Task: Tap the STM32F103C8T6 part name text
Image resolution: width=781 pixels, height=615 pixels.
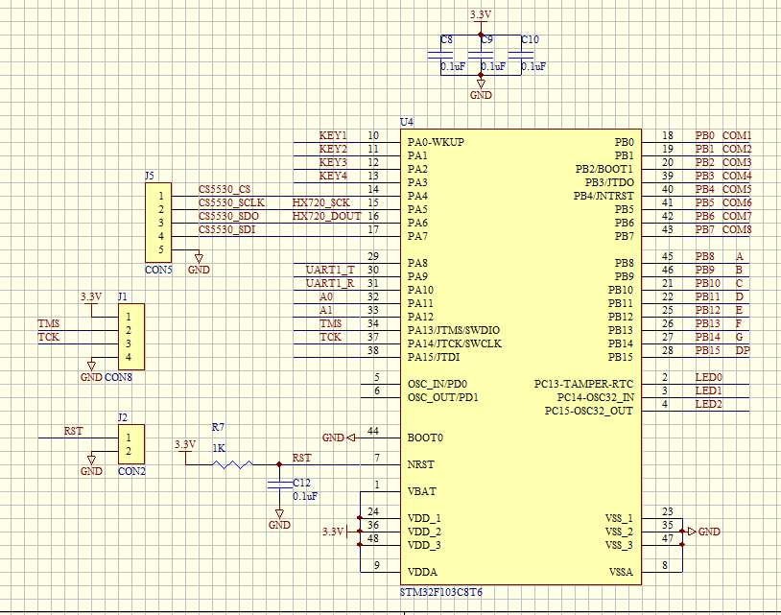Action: (441, 593)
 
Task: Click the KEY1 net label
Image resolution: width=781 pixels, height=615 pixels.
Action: (333, 136)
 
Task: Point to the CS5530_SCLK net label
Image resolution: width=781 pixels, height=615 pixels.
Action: (230, 203)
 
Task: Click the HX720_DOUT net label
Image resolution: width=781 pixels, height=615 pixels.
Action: (326, 217)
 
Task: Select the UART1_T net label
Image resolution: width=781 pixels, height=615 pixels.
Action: (330, 271)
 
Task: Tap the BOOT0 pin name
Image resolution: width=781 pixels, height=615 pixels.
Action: (425, 438)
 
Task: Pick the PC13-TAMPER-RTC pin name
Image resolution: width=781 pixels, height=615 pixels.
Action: (583, 384)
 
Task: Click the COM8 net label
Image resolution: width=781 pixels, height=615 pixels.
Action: (736, 230)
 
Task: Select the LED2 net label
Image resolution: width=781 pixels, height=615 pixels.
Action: (708, 405)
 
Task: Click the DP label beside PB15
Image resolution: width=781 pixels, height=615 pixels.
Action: (742, 351)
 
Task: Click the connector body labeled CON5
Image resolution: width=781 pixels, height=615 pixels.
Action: (158, 223)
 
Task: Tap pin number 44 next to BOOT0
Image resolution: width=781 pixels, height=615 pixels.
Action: (373, 432)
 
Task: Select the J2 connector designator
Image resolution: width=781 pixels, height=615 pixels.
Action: (122, 417)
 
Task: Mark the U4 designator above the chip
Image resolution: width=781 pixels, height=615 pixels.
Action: (406, 122)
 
